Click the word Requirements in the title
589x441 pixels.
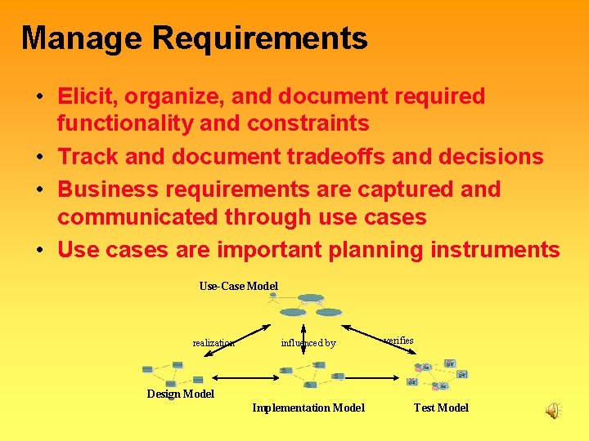pyautogui.click(x=259, y=38)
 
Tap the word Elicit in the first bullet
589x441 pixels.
pyautogui.click(x=85, y=96)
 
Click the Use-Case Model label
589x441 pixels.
pyautogui.click(x=238, y=286)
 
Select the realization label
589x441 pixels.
pyautogui.click(x=214, y=343)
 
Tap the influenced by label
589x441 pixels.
pyautogui.click(x=308, y=343)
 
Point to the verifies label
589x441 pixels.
pyautogui.click(x=398, y=340)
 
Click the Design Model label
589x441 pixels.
pyautogui.click(x=180, y=394)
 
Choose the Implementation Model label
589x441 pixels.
pyautogui.click(x=308, y=408)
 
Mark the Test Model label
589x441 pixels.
pyautogui.click(x=441, y=408)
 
